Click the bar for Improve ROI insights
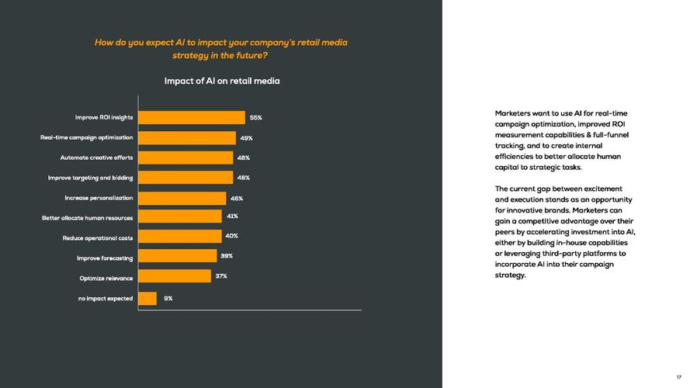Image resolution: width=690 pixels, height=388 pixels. pos(191,118)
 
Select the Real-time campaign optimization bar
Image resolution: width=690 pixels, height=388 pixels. pos(186,138)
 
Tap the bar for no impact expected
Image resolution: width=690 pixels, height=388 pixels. pos(147,299)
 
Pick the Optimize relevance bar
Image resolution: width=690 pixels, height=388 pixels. pos(174,277)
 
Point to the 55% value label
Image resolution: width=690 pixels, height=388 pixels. pos(255,118)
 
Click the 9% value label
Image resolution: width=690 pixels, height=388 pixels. pos(168,298)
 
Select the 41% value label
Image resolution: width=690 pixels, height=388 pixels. pos(232,217)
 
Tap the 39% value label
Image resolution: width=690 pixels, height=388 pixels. pos(227,256)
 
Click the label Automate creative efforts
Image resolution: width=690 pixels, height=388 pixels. pos(96,158)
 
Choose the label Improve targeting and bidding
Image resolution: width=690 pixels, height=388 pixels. pos(90,178)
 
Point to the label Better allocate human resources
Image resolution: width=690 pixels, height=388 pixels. pos(87,218)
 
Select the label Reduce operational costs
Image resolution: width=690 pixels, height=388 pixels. pos(98,238)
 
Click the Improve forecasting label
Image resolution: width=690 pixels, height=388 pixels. pos(105,258)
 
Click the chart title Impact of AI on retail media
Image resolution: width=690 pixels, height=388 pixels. pos(222,81)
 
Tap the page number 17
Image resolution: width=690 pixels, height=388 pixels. pos(678,377)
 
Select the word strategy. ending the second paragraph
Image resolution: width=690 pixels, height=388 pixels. pos(511,275)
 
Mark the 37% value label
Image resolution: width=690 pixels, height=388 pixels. pos(221,276)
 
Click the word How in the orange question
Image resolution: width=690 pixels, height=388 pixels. pos(104,42)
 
